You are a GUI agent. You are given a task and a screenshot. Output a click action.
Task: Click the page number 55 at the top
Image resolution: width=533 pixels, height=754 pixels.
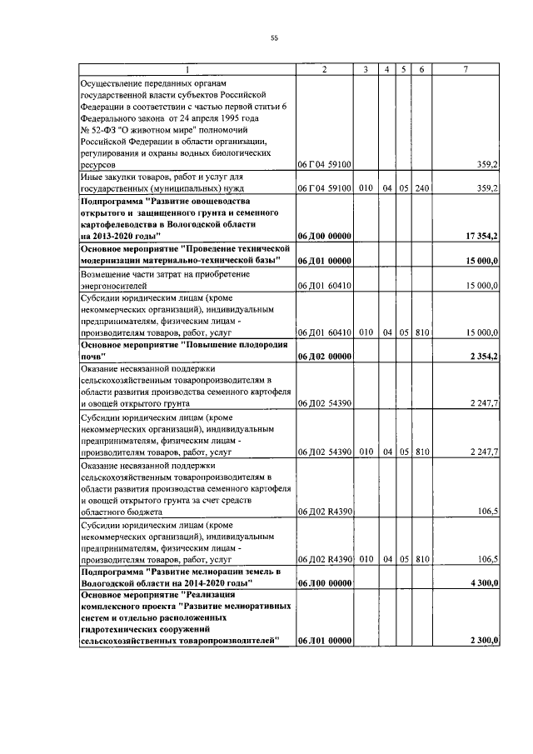[x=274, y=37]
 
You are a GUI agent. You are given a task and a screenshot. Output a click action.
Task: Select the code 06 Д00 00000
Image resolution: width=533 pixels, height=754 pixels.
[x=324, y=237]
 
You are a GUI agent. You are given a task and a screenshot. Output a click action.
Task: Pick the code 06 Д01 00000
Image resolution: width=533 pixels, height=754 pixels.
[x=324, y=262]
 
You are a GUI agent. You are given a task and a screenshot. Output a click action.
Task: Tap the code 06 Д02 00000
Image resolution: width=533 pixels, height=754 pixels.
[x=324, y=357]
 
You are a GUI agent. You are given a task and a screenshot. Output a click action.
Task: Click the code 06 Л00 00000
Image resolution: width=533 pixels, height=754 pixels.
[x=324, y=585]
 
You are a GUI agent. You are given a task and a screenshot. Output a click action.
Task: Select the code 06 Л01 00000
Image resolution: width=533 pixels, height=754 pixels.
[x=324, y=640]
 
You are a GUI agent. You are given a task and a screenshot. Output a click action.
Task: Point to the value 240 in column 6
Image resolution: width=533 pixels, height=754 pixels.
[x=422, y=189]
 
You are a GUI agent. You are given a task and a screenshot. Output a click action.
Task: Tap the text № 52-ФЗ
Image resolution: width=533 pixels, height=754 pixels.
[x=97, y=130]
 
